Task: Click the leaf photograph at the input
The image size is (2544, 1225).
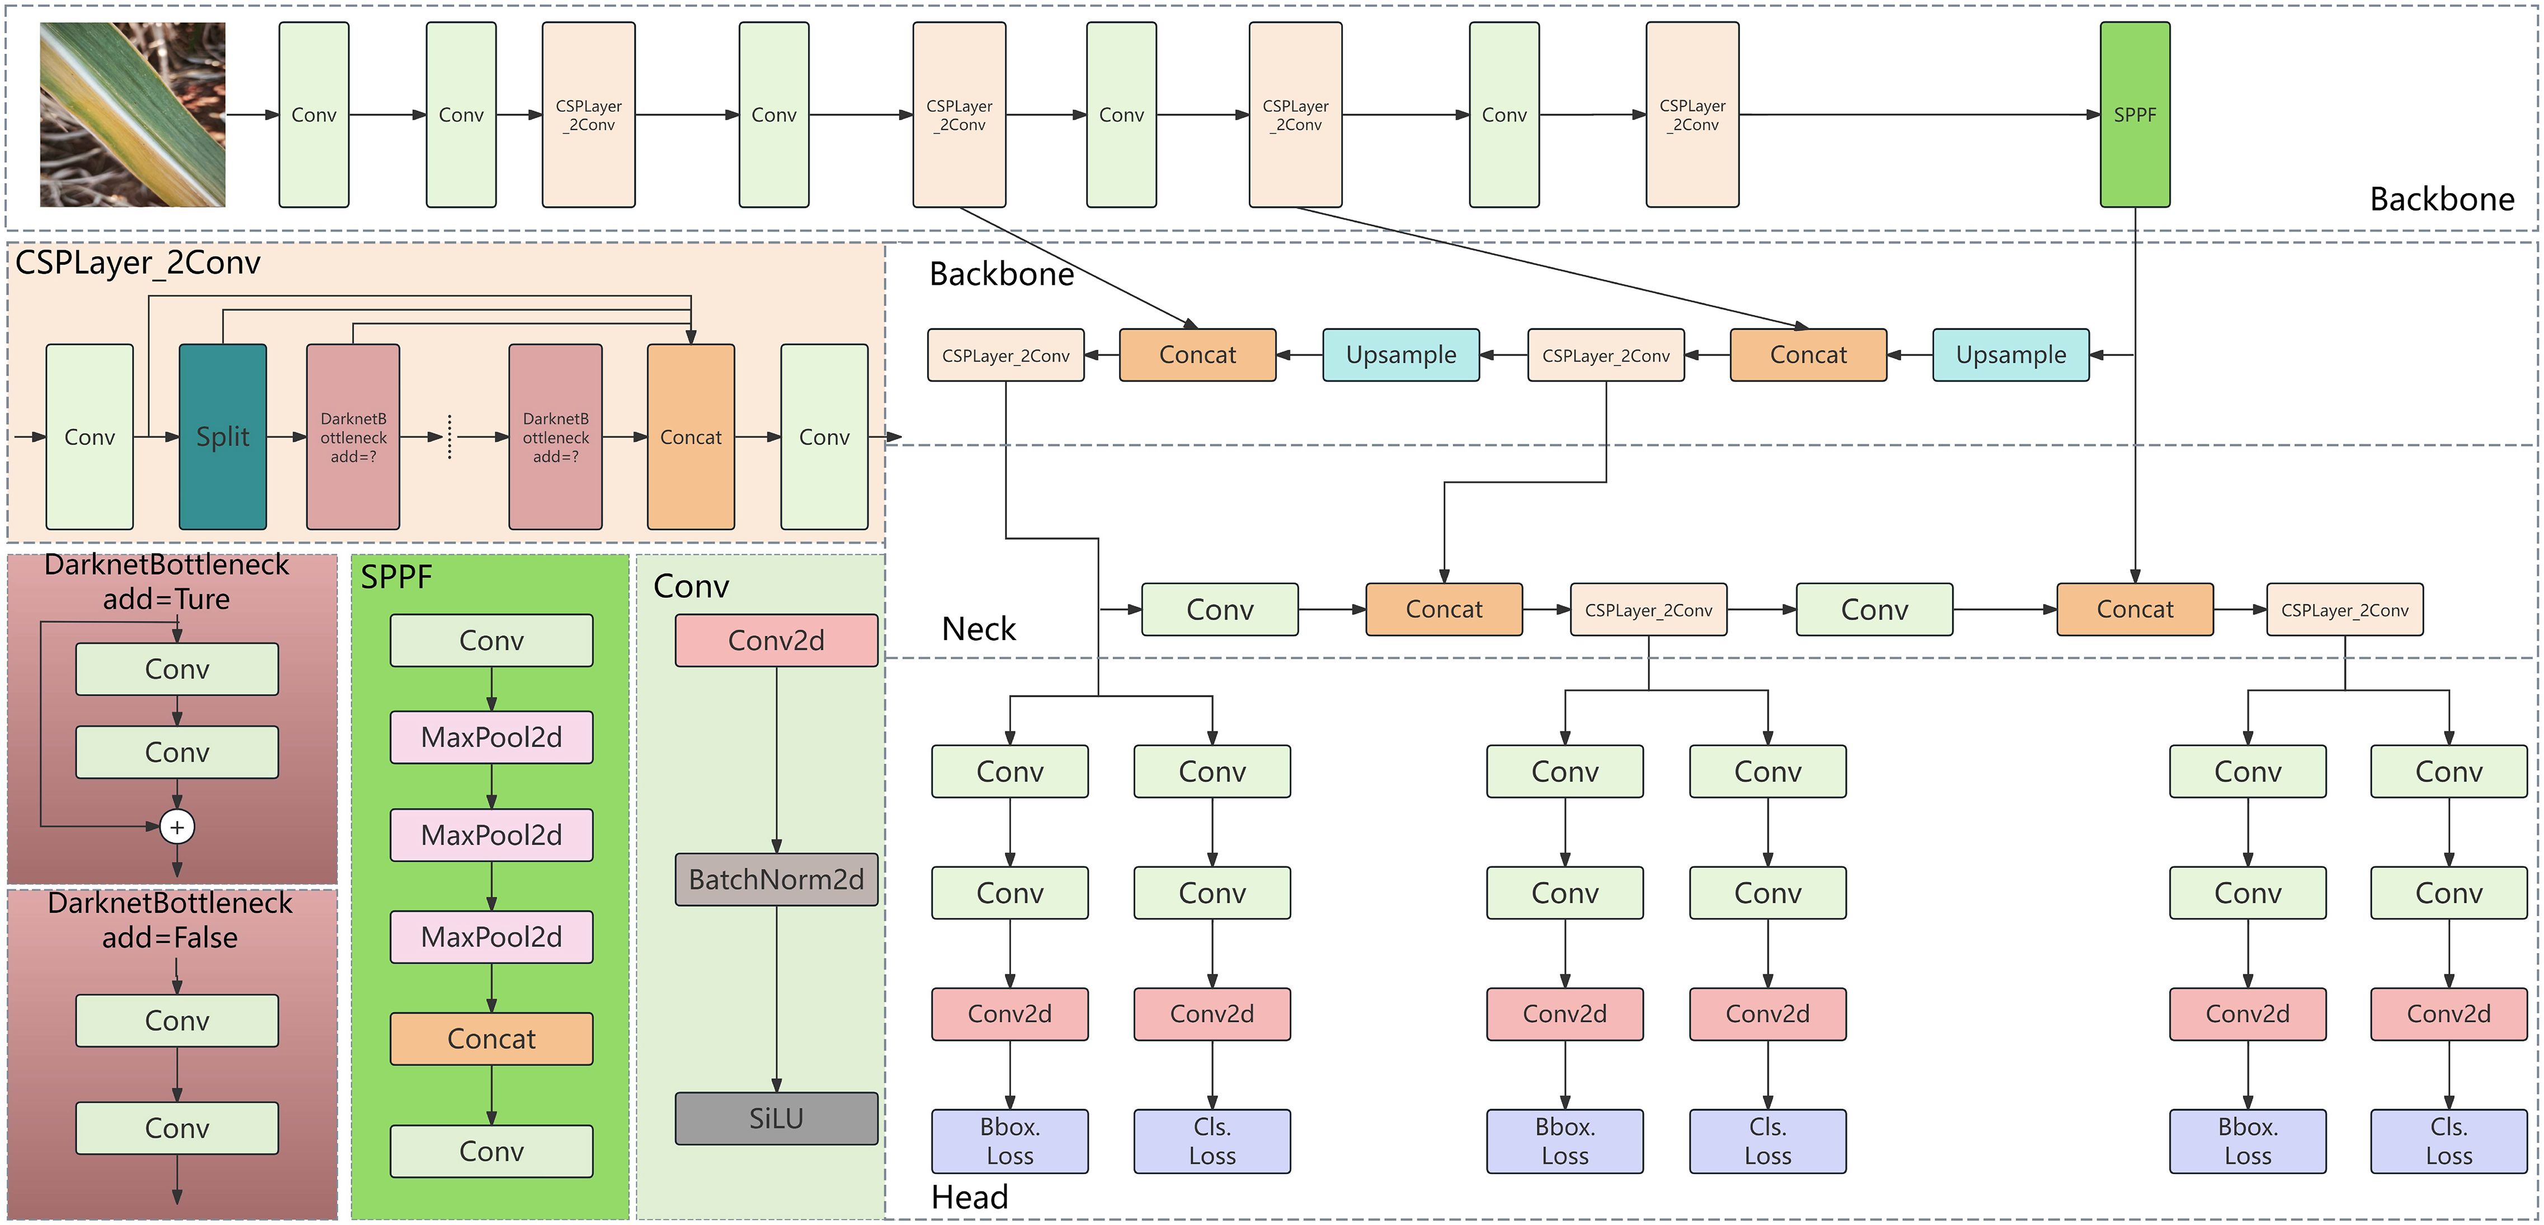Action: pyautogui.click(x=133, y=115)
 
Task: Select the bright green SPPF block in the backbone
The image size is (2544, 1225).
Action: pyautogui.click(x=2134, y=115)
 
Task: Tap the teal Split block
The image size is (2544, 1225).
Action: pyautogui.click(x=222, y=437)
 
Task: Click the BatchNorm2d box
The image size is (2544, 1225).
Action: pyautogui.click(x=776, y=879)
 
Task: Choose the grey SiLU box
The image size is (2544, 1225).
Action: pyautogui.click(x=776, y=1118)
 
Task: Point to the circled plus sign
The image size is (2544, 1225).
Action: pyautogui.click(x=177, y=827)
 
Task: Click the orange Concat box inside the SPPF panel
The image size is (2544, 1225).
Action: pyautogui.click(x=491, y=1038)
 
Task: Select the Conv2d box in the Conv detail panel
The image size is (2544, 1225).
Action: pyautogui.click(x=776, y=640)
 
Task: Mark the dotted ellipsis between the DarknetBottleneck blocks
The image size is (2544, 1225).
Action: pyautogui.click(x=449, y=437)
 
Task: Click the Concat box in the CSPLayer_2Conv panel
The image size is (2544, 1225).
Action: pyautogui.click(x=690, y=437)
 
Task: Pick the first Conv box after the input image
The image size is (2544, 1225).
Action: pyautogui.click(x=313, y=115)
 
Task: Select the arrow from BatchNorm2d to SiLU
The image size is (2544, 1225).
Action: pyautogui.click(x=776, y=998)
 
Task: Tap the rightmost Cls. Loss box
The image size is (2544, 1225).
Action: pyautogui.click(x=2448, y=1141)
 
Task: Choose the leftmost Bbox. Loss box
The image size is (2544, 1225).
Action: pyautogui.click(x=1009, y=1141)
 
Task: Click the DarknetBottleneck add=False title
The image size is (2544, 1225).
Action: pyautogui.click(x=170, y=920)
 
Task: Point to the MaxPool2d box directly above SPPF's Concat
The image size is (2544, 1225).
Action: pyautogui.click(x=491, y=937)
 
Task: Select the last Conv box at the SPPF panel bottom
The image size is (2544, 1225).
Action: pyautogui.click(x=491, y=1151)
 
